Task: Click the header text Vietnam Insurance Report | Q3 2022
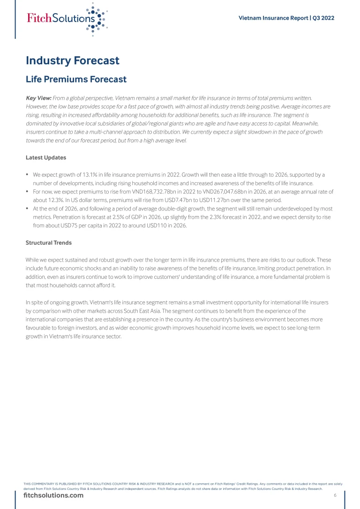(286, 18)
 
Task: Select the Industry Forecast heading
(73, 60)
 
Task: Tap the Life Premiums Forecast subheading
(76, 79)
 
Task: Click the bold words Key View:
(38, 98)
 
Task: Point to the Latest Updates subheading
(46, 157)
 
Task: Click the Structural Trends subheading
(49, 243)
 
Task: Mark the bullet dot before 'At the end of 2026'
(28, 209)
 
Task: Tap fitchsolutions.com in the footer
(53, 495)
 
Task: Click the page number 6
(335, 495)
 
